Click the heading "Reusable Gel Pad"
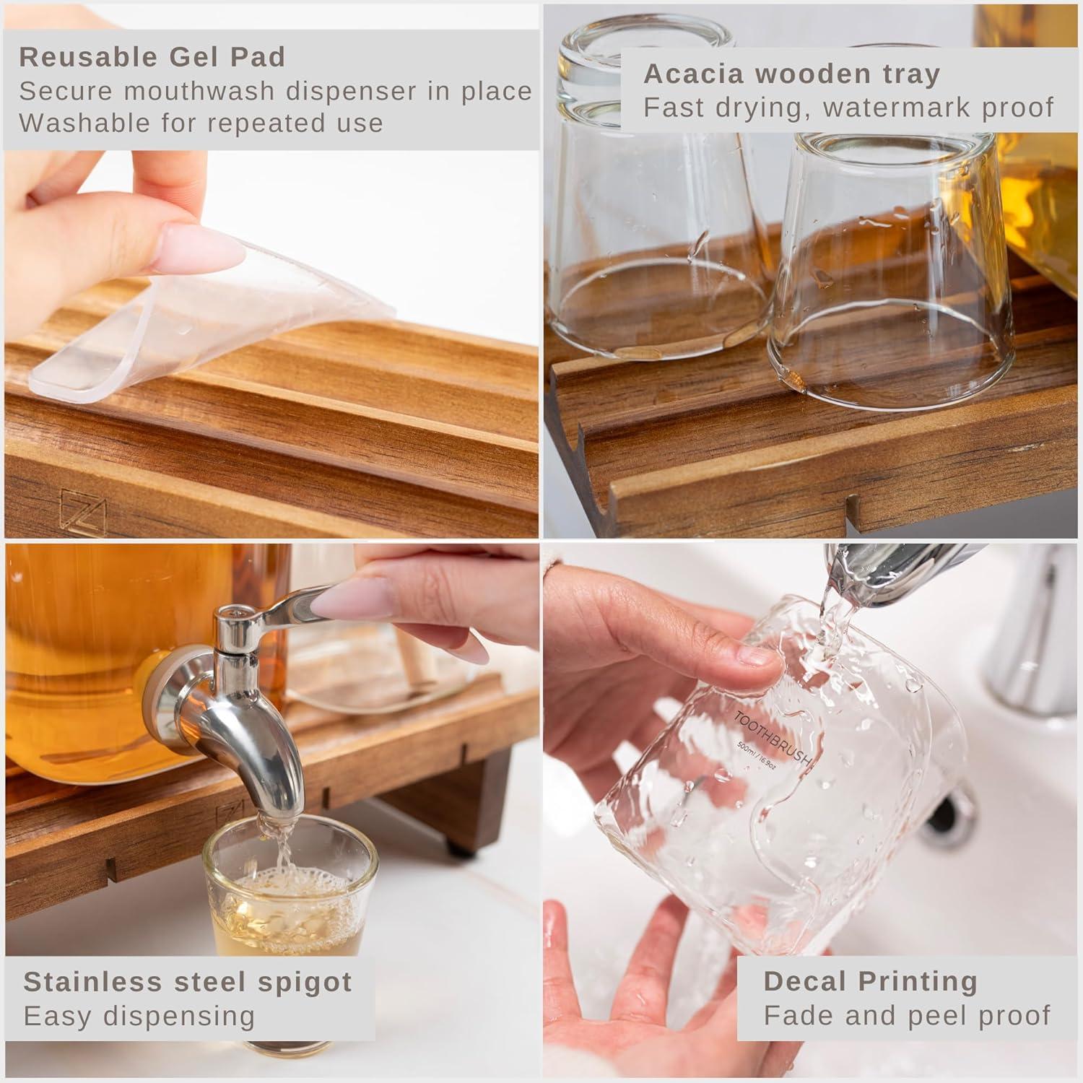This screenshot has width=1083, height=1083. (x=152, y=56)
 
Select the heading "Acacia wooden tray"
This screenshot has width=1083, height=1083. (x=791, y=73)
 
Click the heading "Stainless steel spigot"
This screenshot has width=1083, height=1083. (x=188, y=982)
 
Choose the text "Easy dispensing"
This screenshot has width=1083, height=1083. (x=139, y=1016)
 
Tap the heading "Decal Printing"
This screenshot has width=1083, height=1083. (x=870, y=981)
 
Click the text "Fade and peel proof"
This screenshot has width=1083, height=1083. (x=907, y=1015)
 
